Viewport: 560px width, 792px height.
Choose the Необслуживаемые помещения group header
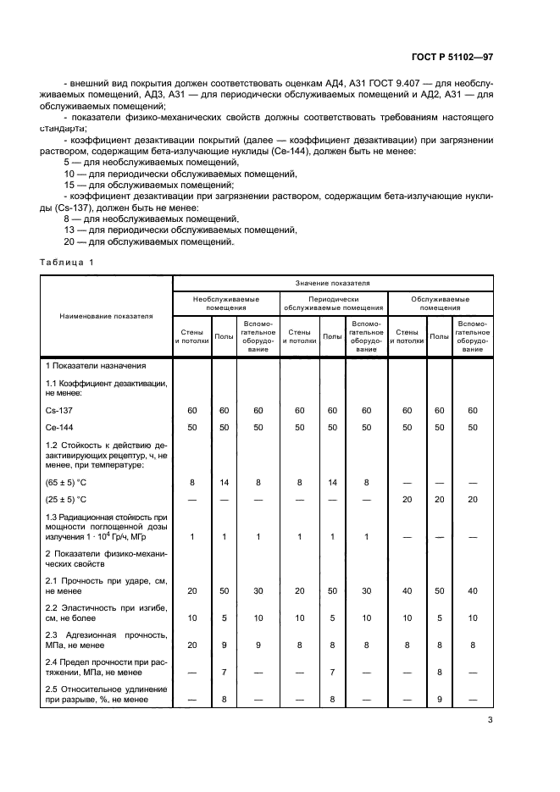pyautogui.click(x=225, y=303)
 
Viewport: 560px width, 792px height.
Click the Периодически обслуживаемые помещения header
pyautogui.click(x=333, y=303)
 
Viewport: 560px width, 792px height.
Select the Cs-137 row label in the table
pyautogui.click(x=58, y=410)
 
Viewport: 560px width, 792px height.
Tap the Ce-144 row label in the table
pyautogui.click(x=58, y=427)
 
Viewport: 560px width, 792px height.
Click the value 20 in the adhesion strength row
pyautogui.click(x=191, y=644)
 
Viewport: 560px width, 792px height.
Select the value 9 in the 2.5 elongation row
pyautogui.click(x=439, y=699)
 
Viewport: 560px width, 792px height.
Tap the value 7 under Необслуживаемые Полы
pyautogui.click(x=224, y=672)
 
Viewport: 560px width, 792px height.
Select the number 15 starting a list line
pyautogui.click(x=69, y=184)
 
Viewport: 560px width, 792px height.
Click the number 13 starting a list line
pyautogui.click(x=69, y=230)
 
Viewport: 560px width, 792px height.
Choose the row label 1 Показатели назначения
pyautogui.click(x=96, y=365)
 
